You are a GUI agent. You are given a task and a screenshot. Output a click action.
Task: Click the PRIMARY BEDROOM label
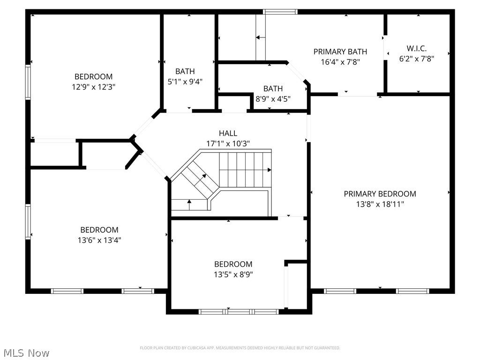(x=380, y=194)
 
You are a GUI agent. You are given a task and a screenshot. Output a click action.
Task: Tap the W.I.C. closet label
(x=416, y=48)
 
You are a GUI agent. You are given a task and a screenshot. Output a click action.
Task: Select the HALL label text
(x=228, y=133)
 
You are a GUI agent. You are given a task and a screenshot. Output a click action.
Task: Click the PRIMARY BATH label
(x=340, y=52)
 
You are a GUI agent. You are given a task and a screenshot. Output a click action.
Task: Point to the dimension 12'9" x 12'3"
(x=93, y=87)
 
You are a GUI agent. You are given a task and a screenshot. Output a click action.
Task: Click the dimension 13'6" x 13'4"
(x=99, y=240)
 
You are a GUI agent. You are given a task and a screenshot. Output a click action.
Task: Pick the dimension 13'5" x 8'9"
(x=233, y=274)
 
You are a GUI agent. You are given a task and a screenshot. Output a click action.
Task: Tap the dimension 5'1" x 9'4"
(x=185, y=82)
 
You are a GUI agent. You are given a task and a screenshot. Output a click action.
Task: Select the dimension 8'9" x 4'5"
(x=273, y=98)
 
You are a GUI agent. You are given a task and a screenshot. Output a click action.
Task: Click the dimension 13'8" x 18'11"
(x=380, y=204)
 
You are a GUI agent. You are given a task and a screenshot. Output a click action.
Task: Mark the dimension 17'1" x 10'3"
(x=228, y=143)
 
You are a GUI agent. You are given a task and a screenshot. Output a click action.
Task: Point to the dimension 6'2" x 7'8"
(x=416, y=59)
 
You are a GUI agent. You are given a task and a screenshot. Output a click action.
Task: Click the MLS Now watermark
(x=26, y=352)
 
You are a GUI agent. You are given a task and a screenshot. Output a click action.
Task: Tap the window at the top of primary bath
(x=280, y=12)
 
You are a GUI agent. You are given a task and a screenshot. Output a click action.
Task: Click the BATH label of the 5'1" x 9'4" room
(x=185, y=71)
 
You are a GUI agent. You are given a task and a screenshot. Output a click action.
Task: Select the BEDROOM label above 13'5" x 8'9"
(x=233, y=264)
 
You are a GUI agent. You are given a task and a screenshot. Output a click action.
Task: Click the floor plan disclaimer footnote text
(x=240, y=348)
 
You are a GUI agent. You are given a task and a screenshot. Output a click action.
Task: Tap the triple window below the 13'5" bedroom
(x=239, y=311)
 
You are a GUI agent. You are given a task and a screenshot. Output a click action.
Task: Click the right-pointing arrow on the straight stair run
(x=269, y=170)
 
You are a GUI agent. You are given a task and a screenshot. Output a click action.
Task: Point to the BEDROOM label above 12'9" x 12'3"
(x=93, y=76)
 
